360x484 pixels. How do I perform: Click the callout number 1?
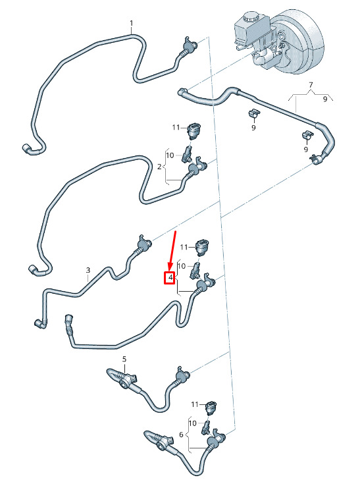click(x=132, y=23)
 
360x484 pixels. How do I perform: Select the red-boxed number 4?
click(x=170, y=278)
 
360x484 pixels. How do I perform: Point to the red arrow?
click(x=172, y=251)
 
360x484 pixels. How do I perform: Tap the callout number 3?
click(x=88, y=270)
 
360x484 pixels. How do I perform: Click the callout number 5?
click(x=124, y=359)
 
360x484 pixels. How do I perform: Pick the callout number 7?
click(x=311, y=84)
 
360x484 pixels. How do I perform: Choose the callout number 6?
click(x=181, y=435)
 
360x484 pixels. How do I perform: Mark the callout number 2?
click(x=159, y=167)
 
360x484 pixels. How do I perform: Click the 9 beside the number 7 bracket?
click(x=325, y=99)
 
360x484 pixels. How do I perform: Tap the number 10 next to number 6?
click(x=192, y=423)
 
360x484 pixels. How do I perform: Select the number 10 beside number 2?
click(x=170, y=155)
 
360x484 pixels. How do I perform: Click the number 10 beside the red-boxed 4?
click(x=182, y=266)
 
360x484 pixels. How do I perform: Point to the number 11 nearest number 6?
click(x=195, y=404)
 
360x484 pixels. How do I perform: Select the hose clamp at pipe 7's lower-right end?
click(x=316, y=159)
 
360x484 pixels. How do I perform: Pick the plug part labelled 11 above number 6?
click(x=211, y=408)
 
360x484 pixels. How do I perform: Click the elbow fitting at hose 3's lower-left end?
click(x=40, y=323)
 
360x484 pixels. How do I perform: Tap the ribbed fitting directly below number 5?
click(x=122, y=377)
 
